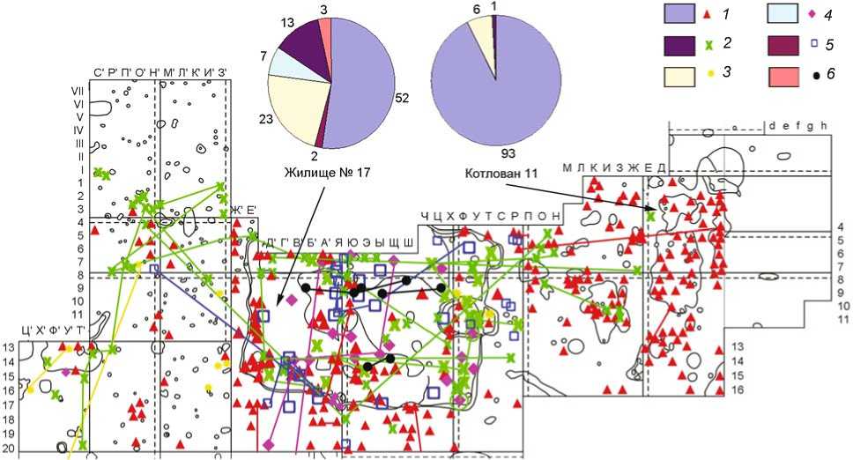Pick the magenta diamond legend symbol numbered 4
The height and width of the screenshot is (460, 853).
803,15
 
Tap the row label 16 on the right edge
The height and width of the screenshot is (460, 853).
738,389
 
